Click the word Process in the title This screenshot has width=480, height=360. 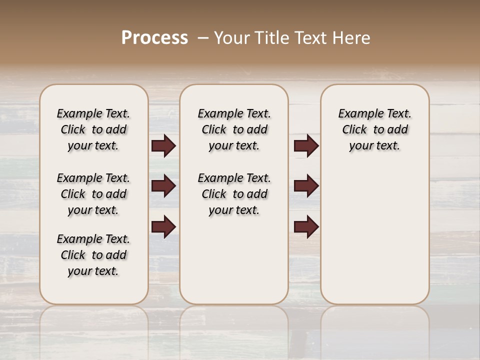point(154,38)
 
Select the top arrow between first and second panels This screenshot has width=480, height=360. point(163,146)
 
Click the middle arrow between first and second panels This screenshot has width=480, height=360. point(163,186)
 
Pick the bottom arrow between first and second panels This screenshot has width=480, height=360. point(163,227)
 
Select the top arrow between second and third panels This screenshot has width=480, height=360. point(306,146)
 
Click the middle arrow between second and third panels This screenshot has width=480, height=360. point(306,186)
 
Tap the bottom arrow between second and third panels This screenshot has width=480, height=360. point(306,227)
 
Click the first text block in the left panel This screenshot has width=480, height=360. point(93,129)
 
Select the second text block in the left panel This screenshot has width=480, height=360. point(93,194)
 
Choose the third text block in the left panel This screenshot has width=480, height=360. point(93,255)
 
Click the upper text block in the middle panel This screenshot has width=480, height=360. point(234,129)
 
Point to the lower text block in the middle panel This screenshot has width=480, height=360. point(234,194)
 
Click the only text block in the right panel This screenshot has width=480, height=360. point(374,129)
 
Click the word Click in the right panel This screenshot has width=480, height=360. point(354,130)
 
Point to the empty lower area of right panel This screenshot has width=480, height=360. point(374,235)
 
